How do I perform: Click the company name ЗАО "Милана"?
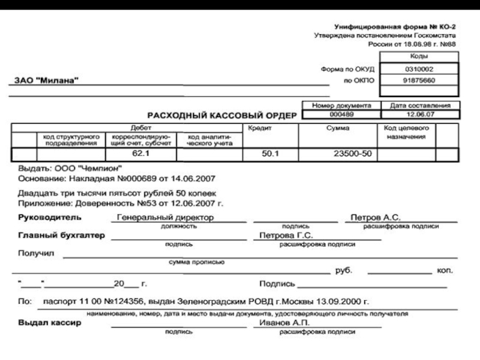tap(46, 81)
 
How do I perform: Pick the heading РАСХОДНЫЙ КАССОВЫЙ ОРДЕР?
tap(223, 114)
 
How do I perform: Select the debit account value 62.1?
tap(141, 154)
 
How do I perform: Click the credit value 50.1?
tap(271, 154)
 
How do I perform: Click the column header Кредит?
tap(260, 128)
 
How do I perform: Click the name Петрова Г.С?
tap(281, 235)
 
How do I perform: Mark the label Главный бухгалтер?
tap(61, 235)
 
